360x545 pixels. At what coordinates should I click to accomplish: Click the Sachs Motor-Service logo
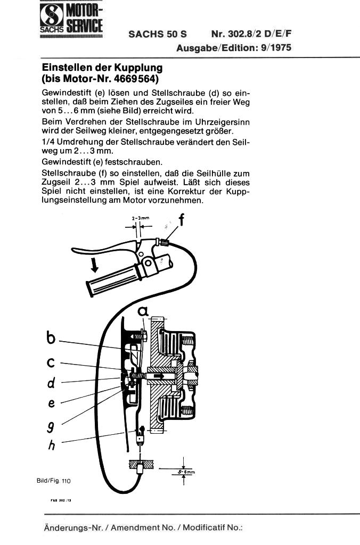(x=71, y=19)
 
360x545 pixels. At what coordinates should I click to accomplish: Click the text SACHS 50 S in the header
(x=157, y=34)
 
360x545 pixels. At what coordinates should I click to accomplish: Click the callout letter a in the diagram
(x=143, y=311)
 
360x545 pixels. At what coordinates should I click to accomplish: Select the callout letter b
(x=51, y=337)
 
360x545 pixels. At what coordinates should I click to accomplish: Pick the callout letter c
(x=51, y=362)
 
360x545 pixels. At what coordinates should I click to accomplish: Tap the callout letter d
(x=51, y=383)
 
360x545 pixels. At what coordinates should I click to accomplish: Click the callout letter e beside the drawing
(x=52, y=403)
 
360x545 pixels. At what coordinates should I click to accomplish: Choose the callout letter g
(x=51, y=426)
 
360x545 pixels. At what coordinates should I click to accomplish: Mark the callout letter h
(x=52, y=444)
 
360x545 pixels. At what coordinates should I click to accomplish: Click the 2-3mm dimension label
(x=141, y=218)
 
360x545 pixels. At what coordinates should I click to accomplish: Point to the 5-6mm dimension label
(x=187, y=472)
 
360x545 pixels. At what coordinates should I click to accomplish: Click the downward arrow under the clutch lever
(x=94, y=265)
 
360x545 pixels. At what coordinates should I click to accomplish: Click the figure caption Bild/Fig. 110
(x=54, y=481)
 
